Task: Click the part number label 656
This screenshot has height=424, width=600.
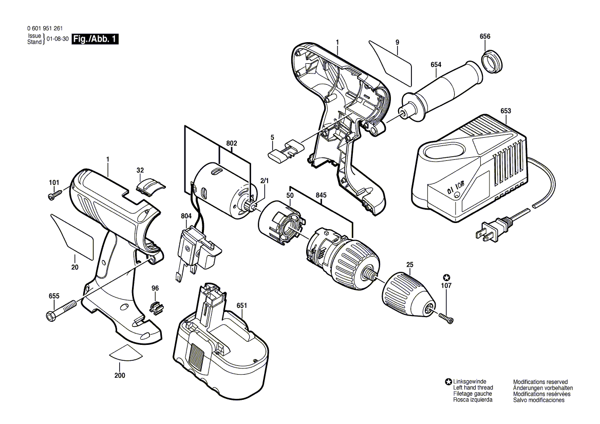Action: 485,36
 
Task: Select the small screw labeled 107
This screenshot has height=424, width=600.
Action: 446,318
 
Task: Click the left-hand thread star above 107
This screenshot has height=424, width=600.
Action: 446,276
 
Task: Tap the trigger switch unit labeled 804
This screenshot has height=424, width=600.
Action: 197,251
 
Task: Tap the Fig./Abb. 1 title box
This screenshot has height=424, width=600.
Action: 96,39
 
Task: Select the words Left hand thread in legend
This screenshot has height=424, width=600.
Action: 473,388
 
